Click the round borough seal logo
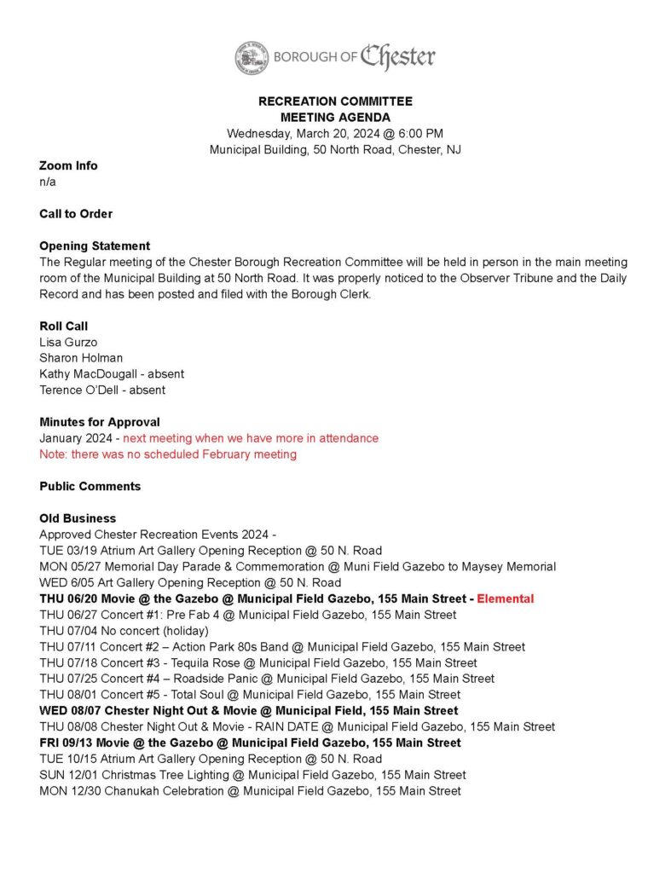[x=252, y=57]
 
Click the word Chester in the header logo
[x=397, y=57]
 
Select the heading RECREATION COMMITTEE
[x=335, y=101]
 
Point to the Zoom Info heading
[x=68, y=165]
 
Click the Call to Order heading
[x=76, y=214]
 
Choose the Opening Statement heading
[x=95, y=246]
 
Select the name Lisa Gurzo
[x=68, y=342]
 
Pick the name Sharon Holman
[x=81, y=358]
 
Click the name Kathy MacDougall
[x=90, y=374]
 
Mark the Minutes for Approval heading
[x=100, y=422]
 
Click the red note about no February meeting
[x=168, y=454]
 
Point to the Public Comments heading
[x=90, y=487]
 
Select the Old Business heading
[x=78, y=518]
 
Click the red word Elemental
[x=505, y=598]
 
